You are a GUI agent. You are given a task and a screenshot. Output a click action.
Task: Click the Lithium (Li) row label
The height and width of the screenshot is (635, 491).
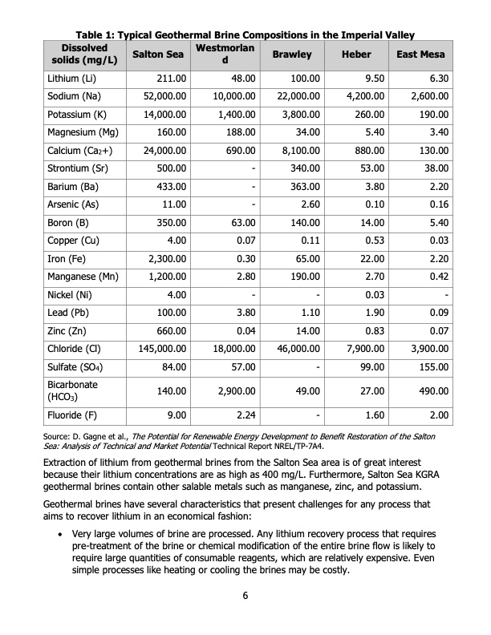click(71, 79)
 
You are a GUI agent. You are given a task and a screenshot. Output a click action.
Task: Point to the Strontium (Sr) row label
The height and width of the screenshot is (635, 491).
click(76, 170)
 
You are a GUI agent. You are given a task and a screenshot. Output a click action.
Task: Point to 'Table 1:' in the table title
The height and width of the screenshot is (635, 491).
click(97, 34)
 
